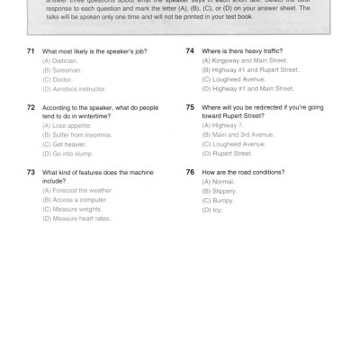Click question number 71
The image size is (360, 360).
(31, 53)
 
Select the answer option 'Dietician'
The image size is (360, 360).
(60, 62)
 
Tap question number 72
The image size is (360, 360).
(31, 107)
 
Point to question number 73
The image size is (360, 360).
(31, 171)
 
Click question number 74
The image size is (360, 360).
(190, 51)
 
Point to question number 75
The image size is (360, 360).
(190, 107)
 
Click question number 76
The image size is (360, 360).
(190, 171)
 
